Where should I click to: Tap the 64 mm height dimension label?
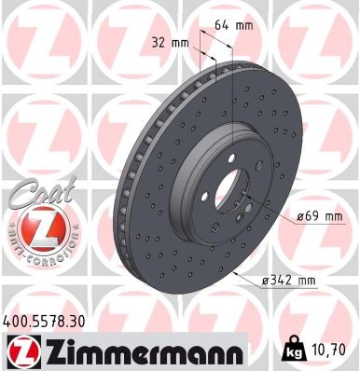coord(238,24)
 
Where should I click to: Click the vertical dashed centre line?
coord(230,112)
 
